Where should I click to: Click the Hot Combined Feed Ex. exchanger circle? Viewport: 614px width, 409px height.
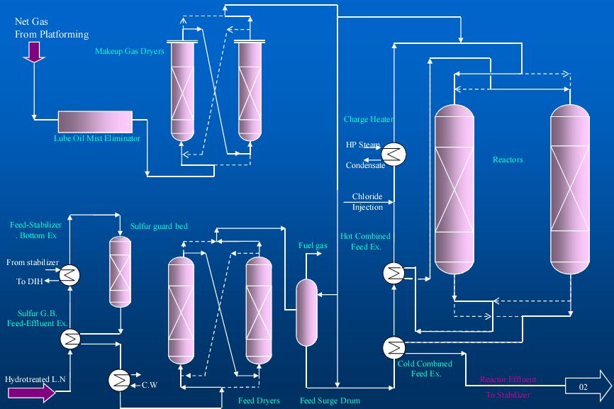(392, 272)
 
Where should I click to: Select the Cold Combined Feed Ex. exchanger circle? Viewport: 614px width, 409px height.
(392, 347)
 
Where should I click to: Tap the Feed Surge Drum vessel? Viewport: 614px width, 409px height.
(306, 313)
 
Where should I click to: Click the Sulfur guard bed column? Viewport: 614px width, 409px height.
(120, 271)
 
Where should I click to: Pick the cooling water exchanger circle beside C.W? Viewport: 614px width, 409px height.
(118, 381)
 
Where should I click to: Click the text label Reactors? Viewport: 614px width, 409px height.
(508, 159)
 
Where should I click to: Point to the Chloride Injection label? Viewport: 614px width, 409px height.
(367, 202)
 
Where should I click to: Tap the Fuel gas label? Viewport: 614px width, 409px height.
(312, 246)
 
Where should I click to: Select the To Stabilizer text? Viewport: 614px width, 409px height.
(508, 395)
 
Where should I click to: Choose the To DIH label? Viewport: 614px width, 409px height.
(28, 281)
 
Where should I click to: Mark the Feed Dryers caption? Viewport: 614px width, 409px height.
(260, 400)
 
